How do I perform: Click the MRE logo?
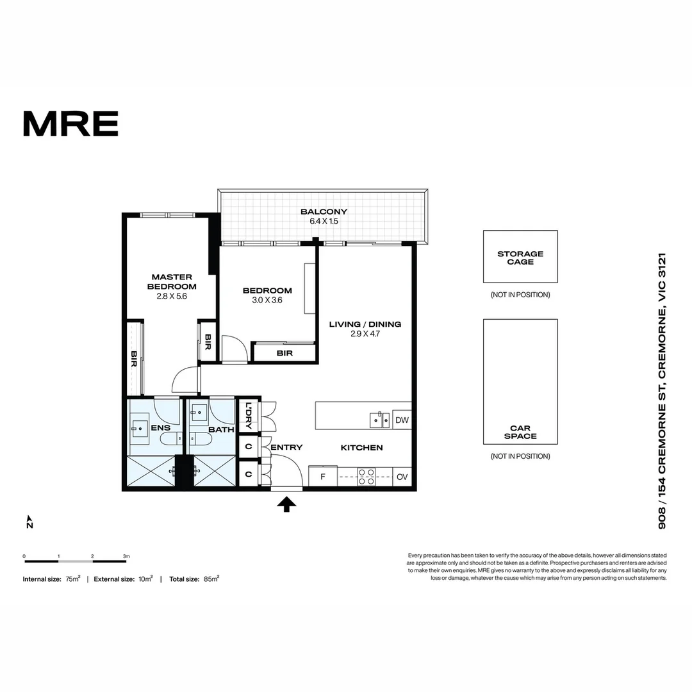coord(70,124)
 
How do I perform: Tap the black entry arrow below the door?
coord(286,506)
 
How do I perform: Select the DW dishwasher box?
coord(402,420)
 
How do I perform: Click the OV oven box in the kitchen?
coord(402,477)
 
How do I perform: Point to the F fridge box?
coord(322,477)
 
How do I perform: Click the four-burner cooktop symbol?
coord(366,476)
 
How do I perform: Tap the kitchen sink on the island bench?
coord(379,420)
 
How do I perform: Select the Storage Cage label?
coord(520,258)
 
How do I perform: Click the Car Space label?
coord(520,432)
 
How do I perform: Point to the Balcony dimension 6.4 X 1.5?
coord(324,221)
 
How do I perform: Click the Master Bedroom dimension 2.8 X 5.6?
coord(172,297)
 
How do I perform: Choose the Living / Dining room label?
coord(365,324)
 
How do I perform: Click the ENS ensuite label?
coord(160,428)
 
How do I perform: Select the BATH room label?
coord(221,430)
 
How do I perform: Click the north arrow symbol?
coord(29,522)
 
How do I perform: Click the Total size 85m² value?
coord(211,579)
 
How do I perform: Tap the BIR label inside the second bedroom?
coord(284,353)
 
